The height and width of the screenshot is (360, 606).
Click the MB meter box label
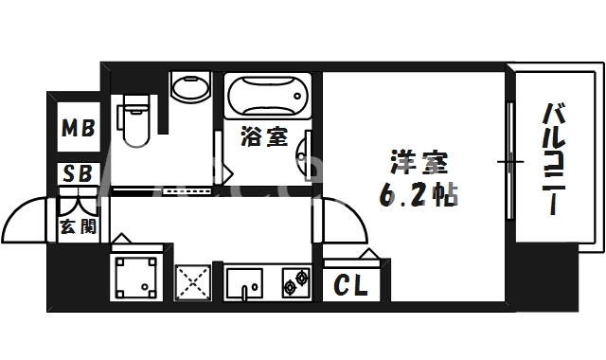coord(79,127)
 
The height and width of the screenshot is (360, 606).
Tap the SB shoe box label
coord(78,173)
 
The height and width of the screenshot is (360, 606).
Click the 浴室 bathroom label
coord(265,136)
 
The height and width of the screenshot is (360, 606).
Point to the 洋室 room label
coord(412,164)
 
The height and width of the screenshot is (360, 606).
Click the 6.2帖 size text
coord(420,194)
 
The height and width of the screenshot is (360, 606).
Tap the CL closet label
coord(352,283)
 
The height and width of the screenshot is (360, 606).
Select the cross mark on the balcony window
coord(510,163)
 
